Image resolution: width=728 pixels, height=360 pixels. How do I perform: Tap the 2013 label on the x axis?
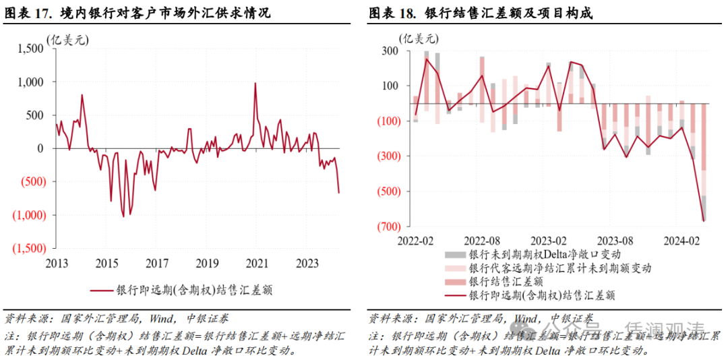tap(56, 263)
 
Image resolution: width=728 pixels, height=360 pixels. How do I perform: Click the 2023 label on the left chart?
tap(307, 263)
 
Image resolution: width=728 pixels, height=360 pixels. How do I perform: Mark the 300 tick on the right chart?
tap(389, 51)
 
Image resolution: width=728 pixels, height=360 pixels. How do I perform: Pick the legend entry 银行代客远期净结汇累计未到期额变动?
tap(560, 268)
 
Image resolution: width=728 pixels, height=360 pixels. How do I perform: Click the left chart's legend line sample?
tap(105, 291)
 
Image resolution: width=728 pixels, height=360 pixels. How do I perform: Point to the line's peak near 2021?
tap(255, 84)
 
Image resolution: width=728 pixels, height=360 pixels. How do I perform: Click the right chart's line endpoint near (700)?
tap(704, 220)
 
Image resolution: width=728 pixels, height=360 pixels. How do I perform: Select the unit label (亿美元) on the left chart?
tap(67, 40)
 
